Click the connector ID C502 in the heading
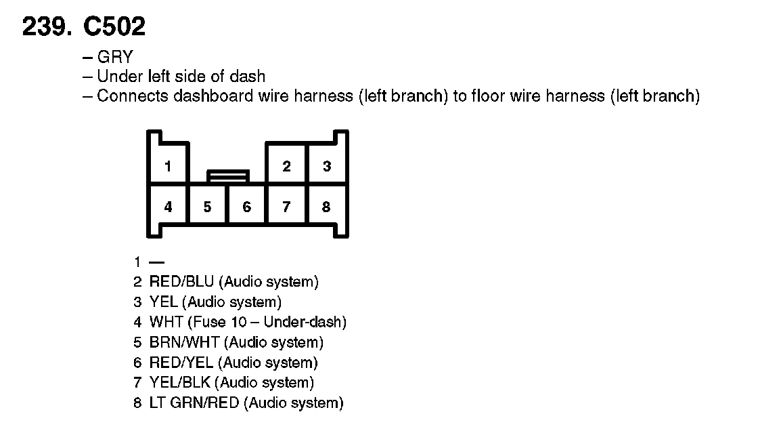pyautogui.click(x=114, y=26)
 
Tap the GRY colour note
pyautogui.click(x=115, y=57)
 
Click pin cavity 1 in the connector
pyautogui.click(x=168, y=166)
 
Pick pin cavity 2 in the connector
pyautogui.click(x=287, y=166)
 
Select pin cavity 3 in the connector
pyautogui.click(x=327, y=166)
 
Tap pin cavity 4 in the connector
pyautogui.click(x=168, y=207)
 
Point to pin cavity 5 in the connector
pyautogui.click(x=208, y=207)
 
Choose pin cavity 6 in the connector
pyautogui.click(x=247, y=207)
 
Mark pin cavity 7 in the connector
pyautogui.click(x=287, y=207)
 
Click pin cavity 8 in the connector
pyautogui.click(x=326, y=207)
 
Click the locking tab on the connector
pyautogui.click(x=228, y=176)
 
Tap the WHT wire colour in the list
pyautogui.click(x=166, y=322)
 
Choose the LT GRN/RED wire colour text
pyautogui.click(x=194, y=403)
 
